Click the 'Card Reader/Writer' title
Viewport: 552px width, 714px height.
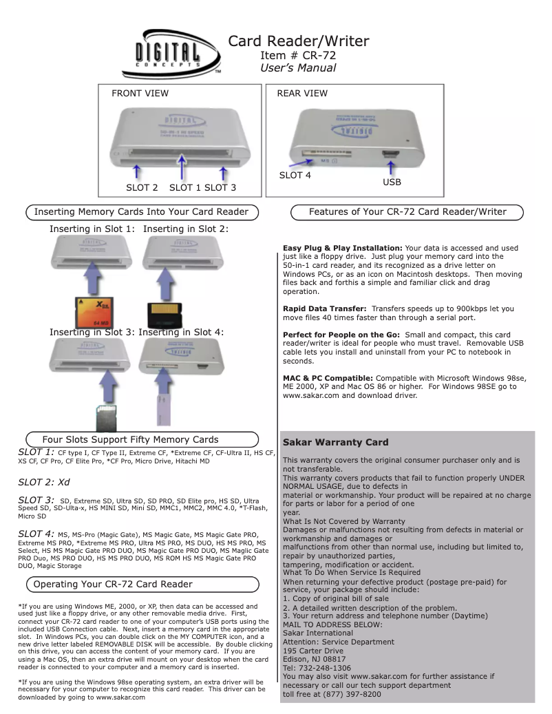point(298,41)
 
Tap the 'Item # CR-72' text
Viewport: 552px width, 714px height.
point(298,55)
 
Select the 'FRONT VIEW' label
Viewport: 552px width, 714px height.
point(140,94)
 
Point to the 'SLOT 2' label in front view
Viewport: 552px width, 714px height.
point(142,187)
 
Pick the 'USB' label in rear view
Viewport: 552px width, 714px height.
point(392,182)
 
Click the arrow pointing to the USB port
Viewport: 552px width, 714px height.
point(391,167)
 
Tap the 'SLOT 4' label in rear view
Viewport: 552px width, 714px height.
point(295,176)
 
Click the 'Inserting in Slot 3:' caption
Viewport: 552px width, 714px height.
point(92,333)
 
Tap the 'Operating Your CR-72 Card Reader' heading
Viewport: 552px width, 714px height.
point(113,584)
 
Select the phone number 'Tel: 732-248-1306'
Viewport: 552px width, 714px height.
point(317,668)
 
